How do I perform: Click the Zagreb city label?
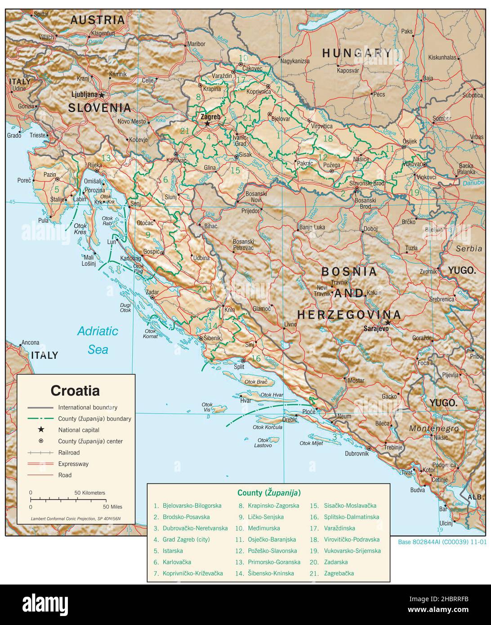[x=210, y=116]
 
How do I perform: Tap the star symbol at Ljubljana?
[x=102, y=95]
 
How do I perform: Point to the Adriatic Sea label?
[x=98, y=340]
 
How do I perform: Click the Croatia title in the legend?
[x=75, y=390]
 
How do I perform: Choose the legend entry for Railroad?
[x=69, y=452]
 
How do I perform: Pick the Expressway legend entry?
[x=73, y=464]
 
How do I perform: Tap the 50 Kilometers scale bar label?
[x=89, y=493]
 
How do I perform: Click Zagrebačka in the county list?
[x=339, y=573]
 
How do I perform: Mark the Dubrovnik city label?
[x=357, y=454]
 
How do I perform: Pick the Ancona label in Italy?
[x=30, y=343]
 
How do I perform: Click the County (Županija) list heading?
[x=269, y=492]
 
